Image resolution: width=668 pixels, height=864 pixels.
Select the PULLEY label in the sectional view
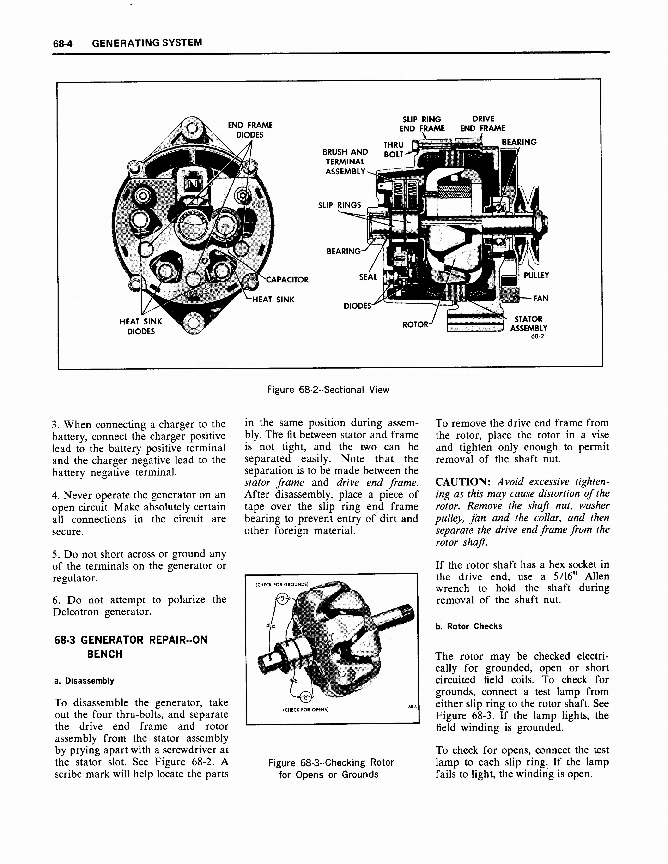[x=536, y=275]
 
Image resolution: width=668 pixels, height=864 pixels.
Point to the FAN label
[x=540, y=298]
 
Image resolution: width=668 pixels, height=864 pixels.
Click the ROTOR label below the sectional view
[x=415, y=325]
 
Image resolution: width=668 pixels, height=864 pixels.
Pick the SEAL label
[x=368, y=277]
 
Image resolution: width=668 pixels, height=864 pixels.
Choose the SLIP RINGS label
[x=340, y=205]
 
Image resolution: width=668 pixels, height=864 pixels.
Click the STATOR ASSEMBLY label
[x=528, y=324]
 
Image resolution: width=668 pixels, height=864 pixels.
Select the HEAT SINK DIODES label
[x=141, y=326]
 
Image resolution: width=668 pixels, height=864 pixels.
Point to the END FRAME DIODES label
[x=250, y=130]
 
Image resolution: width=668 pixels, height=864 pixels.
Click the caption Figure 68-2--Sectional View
[x=328, y=390]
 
